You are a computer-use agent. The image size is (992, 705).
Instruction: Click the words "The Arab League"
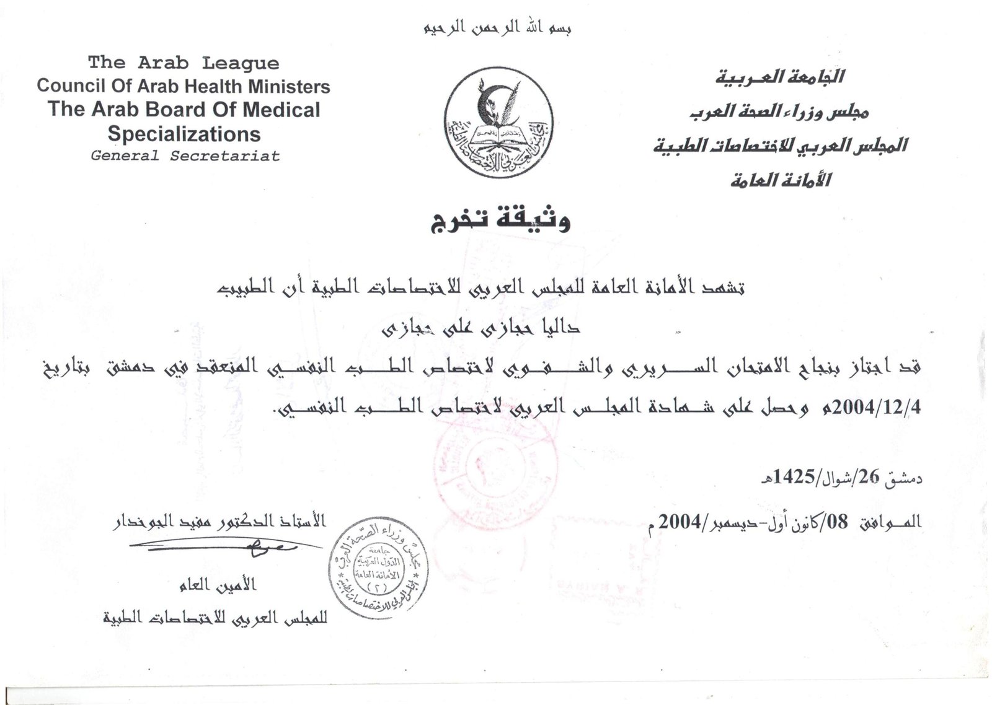[x=184, y=63]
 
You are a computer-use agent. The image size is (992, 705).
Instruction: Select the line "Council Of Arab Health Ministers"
[x=184, y=86]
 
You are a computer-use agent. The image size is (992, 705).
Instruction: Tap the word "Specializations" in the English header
[x=184, y=134]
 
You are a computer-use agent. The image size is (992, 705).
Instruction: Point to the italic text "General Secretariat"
[x=185, y=155]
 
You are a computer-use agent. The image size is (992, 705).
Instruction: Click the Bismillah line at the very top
[x=497, y=28]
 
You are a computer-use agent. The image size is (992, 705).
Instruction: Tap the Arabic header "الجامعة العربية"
[x=779, y=77]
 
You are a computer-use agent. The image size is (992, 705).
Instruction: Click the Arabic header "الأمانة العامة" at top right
[x=780, y=180]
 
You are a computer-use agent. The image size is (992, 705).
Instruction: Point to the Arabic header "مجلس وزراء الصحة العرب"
[x=779, y=112]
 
